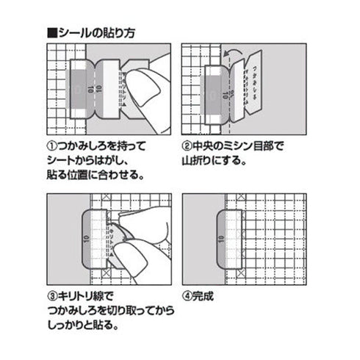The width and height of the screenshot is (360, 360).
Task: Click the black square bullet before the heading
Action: coord(51,33)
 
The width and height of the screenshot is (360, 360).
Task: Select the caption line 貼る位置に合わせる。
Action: coord(100,177)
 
